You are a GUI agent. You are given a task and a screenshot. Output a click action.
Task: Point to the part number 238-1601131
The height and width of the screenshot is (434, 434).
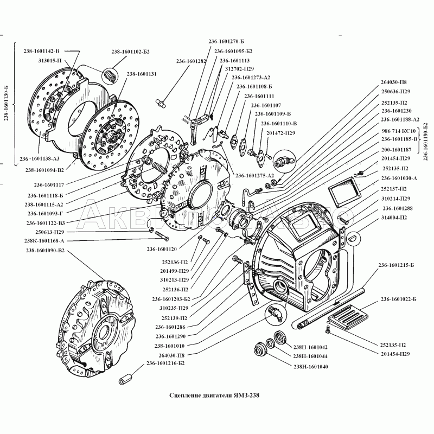click(x=142, y=74)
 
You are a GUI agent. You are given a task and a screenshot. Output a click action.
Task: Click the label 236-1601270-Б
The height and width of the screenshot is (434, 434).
click(x=226, y=42)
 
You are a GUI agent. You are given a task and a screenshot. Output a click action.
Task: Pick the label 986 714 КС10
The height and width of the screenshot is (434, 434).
click(x=398, y=131)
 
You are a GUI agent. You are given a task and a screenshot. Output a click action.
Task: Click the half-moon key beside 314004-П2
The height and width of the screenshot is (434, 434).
click(x=353, y=237)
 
